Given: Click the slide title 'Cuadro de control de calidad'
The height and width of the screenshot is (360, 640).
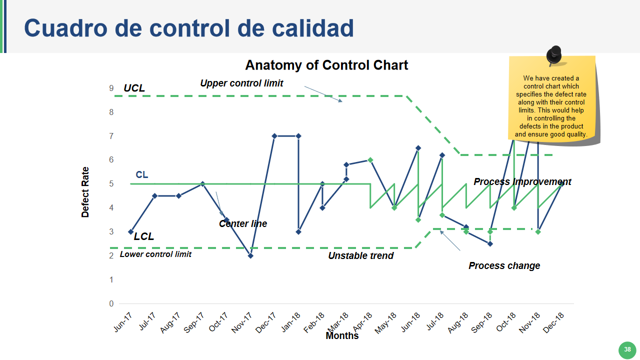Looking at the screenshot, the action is point(189,28).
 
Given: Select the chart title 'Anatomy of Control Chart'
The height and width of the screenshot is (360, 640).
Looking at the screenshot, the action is point(326,65).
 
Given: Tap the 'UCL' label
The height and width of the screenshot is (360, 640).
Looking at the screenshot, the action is point(134,88).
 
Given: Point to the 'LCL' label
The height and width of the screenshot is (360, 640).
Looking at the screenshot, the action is point(143,236).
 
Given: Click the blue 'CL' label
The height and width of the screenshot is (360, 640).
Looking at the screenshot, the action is point(141,174).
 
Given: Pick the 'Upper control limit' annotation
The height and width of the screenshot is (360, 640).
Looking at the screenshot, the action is point(241,83).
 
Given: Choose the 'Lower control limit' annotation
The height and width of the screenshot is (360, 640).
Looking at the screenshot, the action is point(155,254).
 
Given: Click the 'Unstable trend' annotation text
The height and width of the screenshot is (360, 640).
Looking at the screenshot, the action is point(360,255).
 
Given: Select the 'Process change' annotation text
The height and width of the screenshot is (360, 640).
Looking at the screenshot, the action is point(504,265).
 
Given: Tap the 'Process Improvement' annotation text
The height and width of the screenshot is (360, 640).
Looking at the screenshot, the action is point(522,181).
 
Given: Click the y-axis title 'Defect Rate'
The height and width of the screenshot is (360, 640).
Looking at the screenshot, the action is point(85,192).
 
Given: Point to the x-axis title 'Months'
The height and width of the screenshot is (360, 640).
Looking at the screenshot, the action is point(342,335).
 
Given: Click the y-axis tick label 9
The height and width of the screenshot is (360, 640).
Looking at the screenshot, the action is point(111,88).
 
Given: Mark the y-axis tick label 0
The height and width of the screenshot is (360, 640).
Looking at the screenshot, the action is point(111,303).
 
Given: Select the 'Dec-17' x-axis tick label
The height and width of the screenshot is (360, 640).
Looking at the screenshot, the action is point(265,322).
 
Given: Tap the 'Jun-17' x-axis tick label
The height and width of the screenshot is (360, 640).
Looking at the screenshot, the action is point(123,322).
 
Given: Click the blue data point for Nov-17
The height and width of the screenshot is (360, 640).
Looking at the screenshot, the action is point(250,255).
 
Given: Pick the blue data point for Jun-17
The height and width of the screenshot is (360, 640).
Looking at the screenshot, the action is point(131,231).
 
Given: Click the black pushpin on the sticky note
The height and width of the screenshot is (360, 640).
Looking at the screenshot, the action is point(554,55).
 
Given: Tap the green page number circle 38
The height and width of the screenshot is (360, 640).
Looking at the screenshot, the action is point(627,349).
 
